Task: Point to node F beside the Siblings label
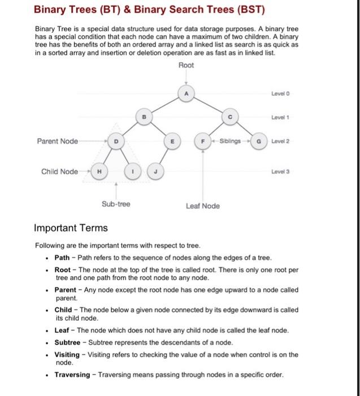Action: click(202, 141)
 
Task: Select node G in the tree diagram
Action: click(259, 141)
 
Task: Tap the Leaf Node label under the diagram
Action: click(202, 206)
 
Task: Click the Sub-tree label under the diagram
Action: click(116, 204)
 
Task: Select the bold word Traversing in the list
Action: click(72, 375)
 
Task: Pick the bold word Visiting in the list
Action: click(67, 355)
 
